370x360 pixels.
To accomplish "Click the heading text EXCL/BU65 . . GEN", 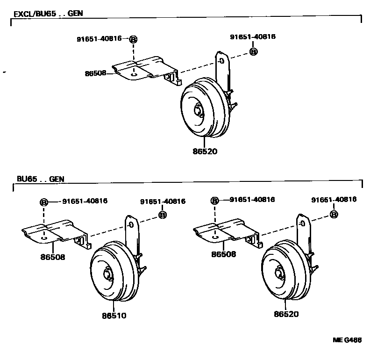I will tap(48, 14).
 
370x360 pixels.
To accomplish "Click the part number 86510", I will tap(114, 316).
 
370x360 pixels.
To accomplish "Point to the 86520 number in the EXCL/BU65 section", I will tap(205, 151).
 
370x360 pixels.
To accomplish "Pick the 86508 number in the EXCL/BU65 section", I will tap(95, 73).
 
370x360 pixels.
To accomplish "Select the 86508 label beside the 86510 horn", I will tap(53, 257).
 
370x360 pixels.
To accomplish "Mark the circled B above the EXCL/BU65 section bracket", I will tap(133, 39).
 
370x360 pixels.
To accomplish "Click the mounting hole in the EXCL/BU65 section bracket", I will tap(134, 73).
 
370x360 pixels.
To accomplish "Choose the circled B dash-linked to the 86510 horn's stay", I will tap(163, 215).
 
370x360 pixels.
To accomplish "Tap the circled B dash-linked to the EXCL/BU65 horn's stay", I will tap(253, 51).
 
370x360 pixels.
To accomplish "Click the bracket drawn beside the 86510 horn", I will tap(54, 232).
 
